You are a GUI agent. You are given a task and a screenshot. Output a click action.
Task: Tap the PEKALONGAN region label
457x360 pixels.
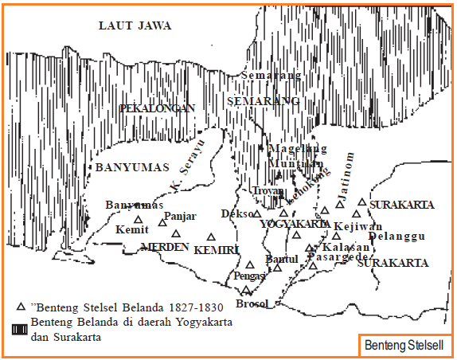coord(157,108)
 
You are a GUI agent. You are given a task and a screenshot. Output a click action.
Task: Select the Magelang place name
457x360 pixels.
coord(298,149)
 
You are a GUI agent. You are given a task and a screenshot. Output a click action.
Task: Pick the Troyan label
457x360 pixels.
coord(268,191)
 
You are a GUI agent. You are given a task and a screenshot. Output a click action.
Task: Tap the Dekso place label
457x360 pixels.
coord(236,214)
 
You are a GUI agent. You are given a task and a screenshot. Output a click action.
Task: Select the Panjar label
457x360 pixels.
coord(178,217)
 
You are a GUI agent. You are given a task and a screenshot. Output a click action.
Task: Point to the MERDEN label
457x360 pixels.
coord(164,247)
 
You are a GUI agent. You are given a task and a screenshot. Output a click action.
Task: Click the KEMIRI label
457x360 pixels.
coord(217,250)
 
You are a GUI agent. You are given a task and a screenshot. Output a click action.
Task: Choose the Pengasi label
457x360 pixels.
coord(250,276)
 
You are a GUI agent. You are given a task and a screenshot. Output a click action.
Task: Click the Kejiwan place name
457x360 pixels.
coord(358,226)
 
